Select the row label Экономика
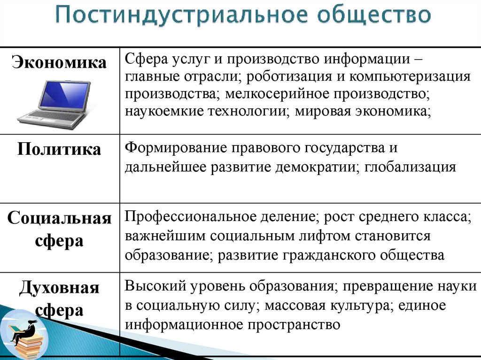[59, 62]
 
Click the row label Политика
[59, 149]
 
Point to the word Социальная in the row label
[59, 218]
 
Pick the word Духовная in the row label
[59, 288]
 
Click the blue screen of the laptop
[63, 95]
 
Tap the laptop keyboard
[52, 117]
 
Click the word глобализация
[410, 168]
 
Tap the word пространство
[294, 324]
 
